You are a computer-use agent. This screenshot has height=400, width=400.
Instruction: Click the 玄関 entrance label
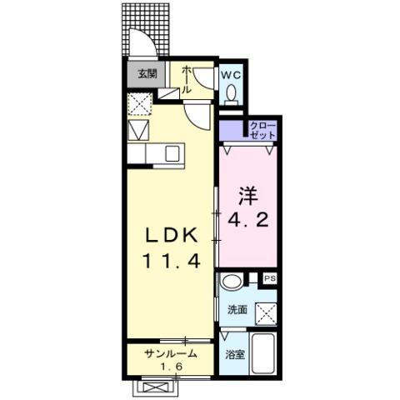pos(147,73)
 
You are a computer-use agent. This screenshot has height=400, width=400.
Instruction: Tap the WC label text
pos(231,75)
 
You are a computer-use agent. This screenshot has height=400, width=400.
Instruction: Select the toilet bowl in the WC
pos(231,92)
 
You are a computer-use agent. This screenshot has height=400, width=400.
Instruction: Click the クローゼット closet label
pos(262,130)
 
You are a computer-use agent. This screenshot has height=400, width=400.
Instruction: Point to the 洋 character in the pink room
pos(248,197)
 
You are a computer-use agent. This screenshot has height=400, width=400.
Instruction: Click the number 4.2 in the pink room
pos(248,220)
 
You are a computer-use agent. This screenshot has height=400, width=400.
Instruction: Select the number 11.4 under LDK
pos(172,261)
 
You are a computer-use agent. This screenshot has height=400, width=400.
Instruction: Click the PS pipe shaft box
pos(270,278)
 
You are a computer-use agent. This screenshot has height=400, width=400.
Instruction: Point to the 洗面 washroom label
pos(237,309)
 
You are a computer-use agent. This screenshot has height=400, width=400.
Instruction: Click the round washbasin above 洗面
pos(231,282)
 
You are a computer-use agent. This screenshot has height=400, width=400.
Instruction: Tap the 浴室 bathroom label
pos(235,354)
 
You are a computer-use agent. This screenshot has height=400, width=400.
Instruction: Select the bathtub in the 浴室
pos(263,353)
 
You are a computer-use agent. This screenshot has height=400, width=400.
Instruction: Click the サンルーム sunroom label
pos(171,354)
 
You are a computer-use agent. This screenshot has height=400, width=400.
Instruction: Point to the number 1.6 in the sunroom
pos(171,367)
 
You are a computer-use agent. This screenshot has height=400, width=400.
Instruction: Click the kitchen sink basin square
pos(172,153)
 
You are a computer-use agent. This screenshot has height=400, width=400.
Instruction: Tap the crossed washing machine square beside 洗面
pos(266,314)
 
